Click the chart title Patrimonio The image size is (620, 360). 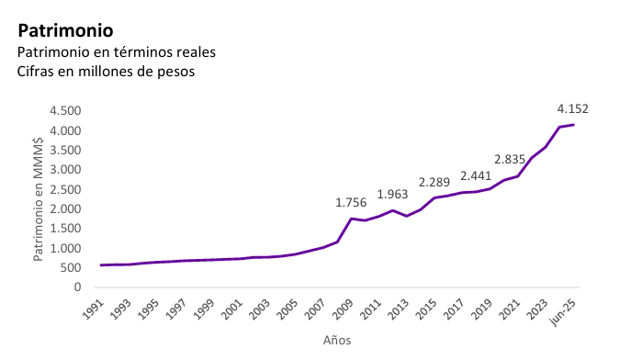pos(73,31)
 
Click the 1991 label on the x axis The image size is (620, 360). pos(95,308)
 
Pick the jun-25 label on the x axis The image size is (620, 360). pos(564,309)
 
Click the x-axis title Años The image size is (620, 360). pos(336,339)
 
